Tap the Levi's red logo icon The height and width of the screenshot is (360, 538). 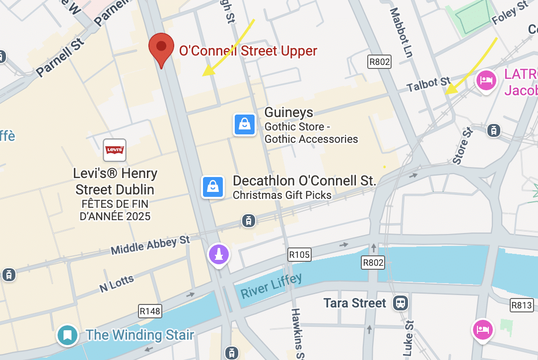[x=115, y=150]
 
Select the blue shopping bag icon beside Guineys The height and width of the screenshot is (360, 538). [x=245, y=124]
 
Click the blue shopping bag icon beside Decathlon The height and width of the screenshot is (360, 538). [x=212, y=187]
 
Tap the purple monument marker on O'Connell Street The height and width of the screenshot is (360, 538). [x=219, y=255]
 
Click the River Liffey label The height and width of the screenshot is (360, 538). [x=271, y=286]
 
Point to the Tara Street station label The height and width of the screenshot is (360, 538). [x=354, y=303]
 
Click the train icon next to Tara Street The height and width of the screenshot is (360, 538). [x=400, y=302]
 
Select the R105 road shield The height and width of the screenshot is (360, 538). [x=299, y=255]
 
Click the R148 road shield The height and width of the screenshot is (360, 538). [x=150, y=311]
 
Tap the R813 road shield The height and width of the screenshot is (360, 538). [x=522, y=305]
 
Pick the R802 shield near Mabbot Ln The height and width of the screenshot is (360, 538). [x=379, y=61]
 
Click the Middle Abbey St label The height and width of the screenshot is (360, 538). [x=150, y=245]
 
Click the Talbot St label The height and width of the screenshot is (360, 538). [x=428, y=84]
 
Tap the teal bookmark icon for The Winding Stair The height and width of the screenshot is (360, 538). [x=67, y=335]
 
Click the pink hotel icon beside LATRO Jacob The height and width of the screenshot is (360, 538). [x=486, y=80]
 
